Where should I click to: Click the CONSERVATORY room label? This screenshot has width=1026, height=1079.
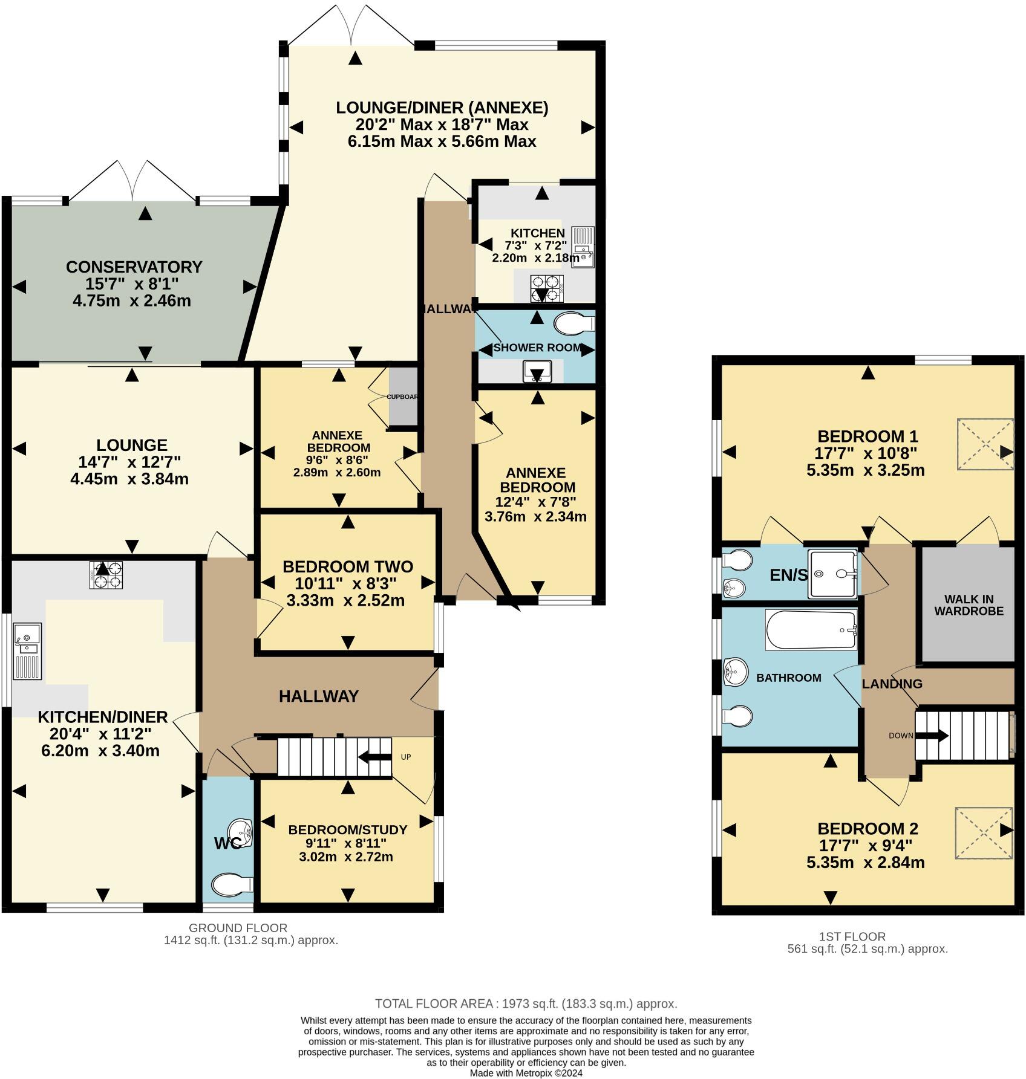point(134,267)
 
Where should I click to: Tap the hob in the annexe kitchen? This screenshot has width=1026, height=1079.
point(547,288)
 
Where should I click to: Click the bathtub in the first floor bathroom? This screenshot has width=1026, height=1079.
point(811,630)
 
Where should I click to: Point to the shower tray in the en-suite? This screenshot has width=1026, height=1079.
point(833,573)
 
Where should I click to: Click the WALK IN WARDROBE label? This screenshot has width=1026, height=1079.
point(969,605)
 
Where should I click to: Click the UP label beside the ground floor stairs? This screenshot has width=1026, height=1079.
point(406,757)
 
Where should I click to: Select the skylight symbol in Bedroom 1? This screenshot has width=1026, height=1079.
point(985,444)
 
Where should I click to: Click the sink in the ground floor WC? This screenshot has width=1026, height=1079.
point(241,834)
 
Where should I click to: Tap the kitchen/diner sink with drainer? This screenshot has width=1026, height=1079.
point(27,652)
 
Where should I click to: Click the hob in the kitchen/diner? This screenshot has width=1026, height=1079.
point(106,575)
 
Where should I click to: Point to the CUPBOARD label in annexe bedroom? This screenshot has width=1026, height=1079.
point(403,397)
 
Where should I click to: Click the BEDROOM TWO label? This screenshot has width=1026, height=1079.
point(348,567)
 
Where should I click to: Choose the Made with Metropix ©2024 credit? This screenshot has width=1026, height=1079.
point(526,1073)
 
